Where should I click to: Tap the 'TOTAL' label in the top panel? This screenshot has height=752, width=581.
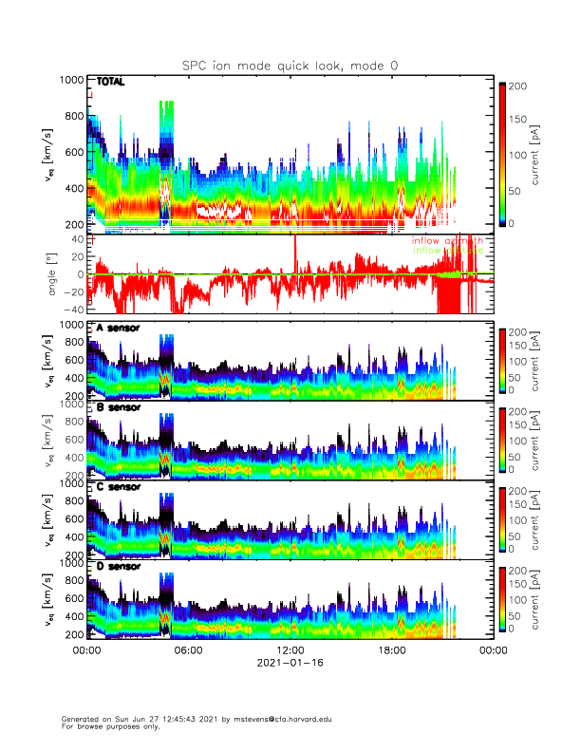point(111,83)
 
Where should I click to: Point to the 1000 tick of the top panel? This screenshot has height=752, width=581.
point(71,81)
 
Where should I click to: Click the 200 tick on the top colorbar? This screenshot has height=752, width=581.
point(520,85)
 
